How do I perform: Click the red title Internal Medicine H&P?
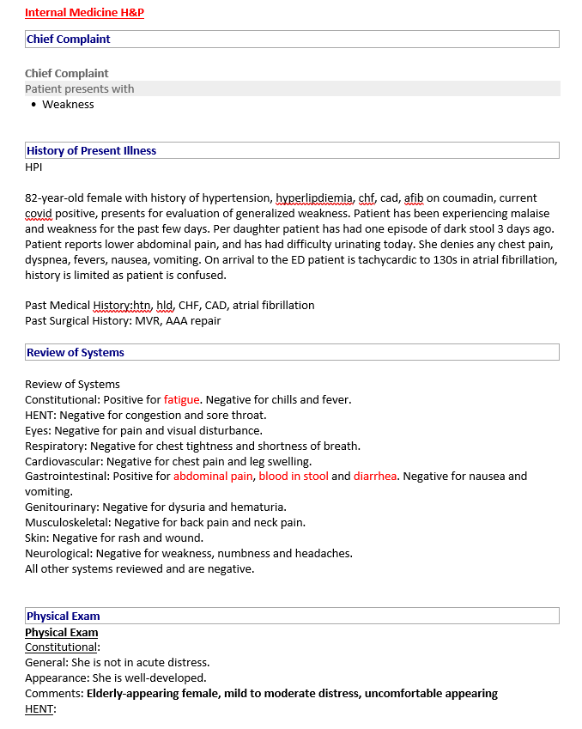point(84,13)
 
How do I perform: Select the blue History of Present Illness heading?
point(91,150)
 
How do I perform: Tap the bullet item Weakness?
point(68,104)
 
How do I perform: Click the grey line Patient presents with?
point(79,88)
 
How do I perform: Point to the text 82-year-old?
point(53,197)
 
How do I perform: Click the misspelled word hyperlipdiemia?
point(314,197)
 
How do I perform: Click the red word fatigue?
point(181,399)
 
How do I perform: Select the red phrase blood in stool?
point(294,476)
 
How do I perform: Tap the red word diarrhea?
point(375,476)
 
